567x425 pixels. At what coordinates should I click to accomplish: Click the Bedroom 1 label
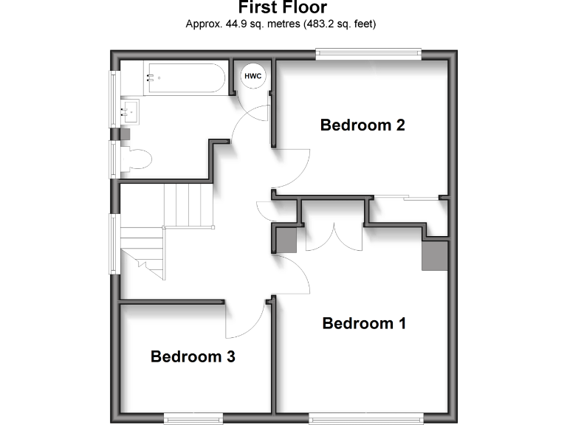(x=364, y=323)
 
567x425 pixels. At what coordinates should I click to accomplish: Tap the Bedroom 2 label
(x=362, y=125)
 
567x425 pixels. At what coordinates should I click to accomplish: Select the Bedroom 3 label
(x=193, y=357)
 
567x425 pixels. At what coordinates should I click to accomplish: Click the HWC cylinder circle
(x=253, y=75)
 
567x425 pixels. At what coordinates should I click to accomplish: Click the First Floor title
(x=281, y=7)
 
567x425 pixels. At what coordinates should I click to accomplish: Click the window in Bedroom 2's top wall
(x=368, y=52)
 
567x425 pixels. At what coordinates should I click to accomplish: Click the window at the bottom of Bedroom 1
(x=366, y=419)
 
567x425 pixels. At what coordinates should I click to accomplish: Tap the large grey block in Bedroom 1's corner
(x=435, y=255)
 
